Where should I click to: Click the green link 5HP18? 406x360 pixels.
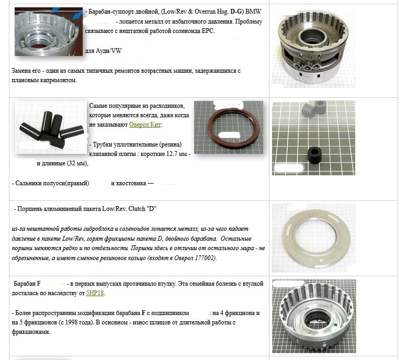[x=95, y=293]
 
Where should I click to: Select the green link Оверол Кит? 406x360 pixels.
[x=145, y=125]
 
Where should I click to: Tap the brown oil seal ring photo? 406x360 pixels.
[x=229, y=127]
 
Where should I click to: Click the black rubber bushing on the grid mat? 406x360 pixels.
[x=315, y=155]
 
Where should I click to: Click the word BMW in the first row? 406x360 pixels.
[x=253, y=12]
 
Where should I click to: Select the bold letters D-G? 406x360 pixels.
[x=236, y=12]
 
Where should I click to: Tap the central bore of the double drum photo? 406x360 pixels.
[x=312, y=37]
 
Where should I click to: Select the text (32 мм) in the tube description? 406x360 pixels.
[x=77, y=163]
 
